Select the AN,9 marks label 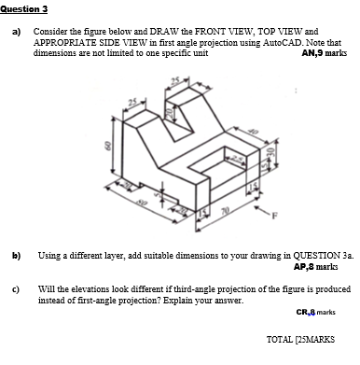324,54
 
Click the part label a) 15,32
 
